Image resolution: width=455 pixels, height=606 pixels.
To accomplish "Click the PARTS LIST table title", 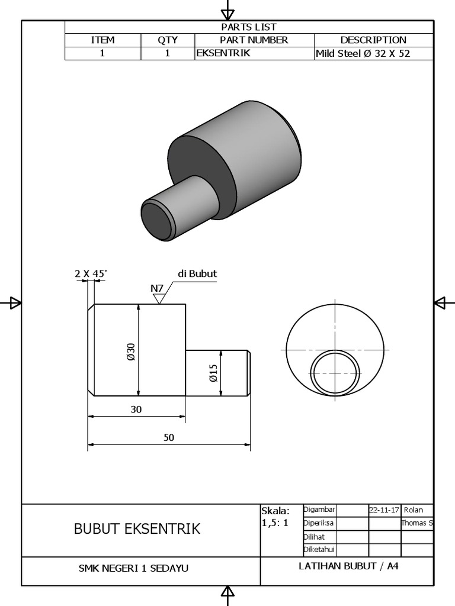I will [x=249, y=27].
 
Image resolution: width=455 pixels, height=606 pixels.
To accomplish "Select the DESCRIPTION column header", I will [x=373, y=40].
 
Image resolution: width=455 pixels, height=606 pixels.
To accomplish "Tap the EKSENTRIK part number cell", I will [x=223, y=53].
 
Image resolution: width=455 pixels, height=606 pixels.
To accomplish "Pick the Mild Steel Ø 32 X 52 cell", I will [x=363, y=53].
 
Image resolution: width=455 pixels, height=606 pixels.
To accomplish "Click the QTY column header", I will [x=168, y=40].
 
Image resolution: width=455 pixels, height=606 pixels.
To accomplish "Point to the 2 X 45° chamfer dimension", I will [x=91, y=273].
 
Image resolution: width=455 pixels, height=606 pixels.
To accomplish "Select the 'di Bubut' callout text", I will [x=197, y=273].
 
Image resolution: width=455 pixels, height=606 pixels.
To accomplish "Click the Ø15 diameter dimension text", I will [x=214, y=373].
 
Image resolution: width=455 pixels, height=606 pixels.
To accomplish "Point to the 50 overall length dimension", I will [x=169, y=437].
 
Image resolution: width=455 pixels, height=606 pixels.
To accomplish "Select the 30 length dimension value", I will [x=136, y=409].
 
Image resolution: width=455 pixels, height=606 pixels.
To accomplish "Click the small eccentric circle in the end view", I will [x=336, y=373].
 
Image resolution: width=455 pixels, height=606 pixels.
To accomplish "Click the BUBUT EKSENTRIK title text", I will [x=137, y=528].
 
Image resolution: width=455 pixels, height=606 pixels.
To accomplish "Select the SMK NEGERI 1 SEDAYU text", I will [x=133, y=568].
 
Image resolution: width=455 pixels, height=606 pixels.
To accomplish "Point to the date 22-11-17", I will [x=384, y=510].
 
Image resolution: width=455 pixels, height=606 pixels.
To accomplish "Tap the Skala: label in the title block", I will [x=275, y=511].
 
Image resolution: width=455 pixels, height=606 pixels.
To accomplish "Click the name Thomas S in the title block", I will [x=417, y=523].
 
